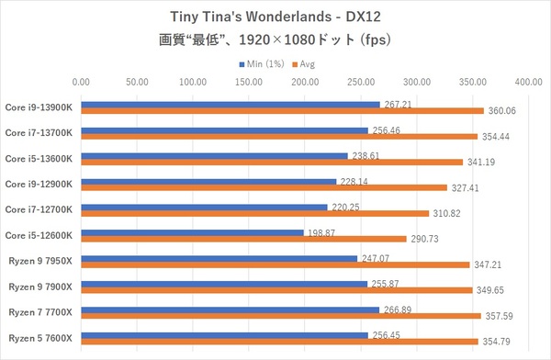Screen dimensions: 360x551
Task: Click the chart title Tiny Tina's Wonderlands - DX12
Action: click(275, 17)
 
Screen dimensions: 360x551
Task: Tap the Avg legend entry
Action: click(307, 64)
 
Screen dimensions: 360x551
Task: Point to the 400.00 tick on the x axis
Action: click(528, 83)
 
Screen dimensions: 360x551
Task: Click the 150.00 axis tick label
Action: click(248, 83)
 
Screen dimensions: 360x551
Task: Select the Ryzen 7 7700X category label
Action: click(44, 312)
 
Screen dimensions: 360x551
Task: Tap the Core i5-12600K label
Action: click(44, 235)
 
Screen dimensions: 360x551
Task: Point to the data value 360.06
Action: click(500, 111)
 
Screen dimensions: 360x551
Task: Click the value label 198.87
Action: click(320, 232)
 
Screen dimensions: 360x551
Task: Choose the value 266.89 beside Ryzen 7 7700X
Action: click(397, 309)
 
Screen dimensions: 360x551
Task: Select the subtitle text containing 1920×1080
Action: click(275, 41)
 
